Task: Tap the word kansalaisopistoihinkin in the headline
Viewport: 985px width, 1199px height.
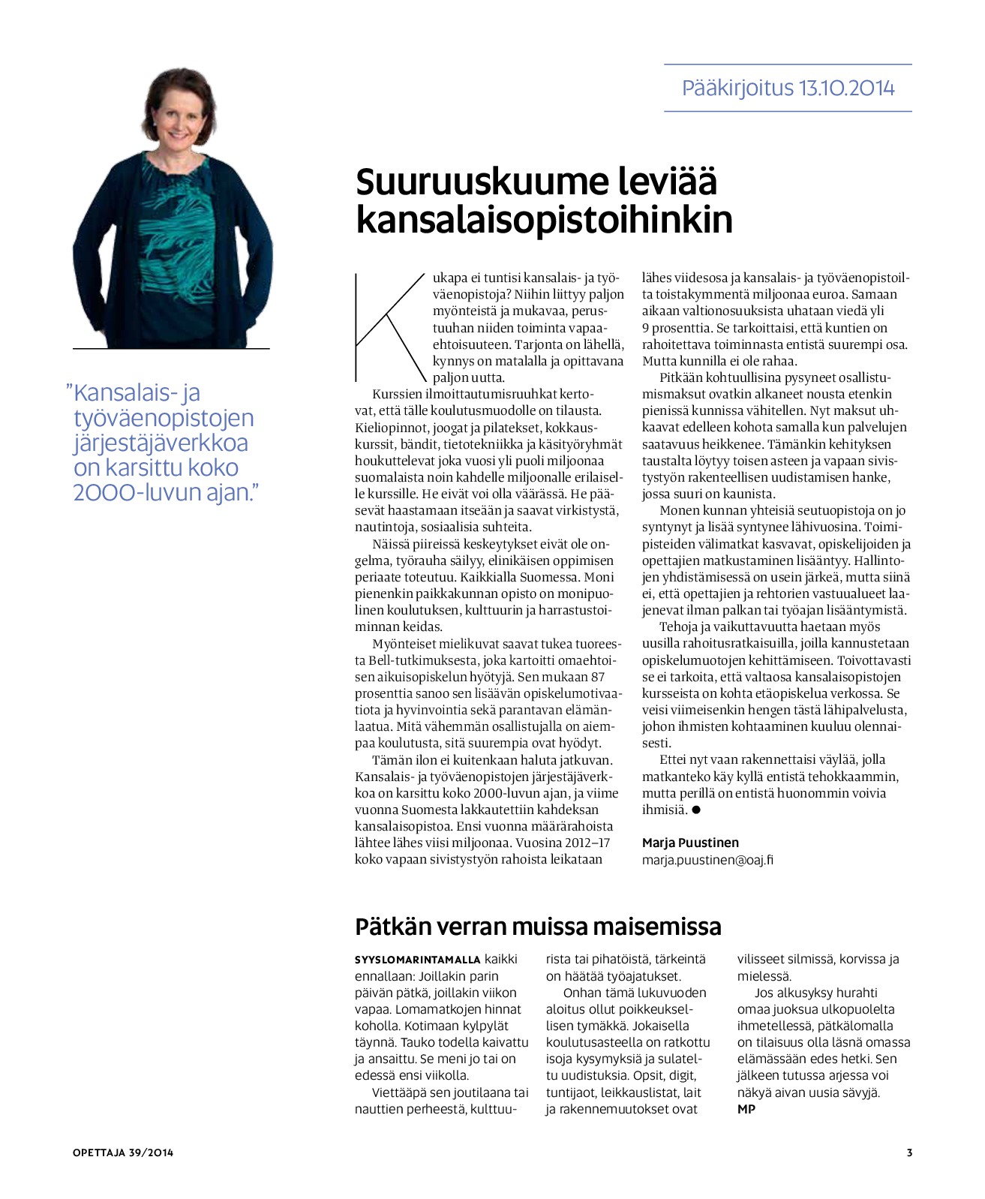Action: coord(544,219)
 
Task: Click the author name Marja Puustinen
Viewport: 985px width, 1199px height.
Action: coord(690,843)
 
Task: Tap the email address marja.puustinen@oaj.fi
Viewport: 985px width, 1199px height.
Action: coord(707,860)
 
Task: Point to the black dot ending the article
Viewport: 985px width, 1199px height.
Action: coord(696,810)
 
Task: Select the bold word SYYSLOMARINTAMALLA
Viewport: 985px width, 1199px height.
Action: coord(417,960)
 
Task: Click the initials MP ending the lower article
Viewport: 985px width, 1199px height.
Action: coord(746,1109)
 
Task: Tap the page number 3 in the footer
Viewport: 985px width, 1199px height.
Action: coord(909,1152)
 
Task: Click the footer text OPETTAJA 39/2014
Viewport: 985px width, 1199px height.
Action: coord(123,1152)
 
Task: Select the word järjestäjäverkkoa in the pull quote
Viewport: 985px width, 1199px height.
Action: coord(161,443)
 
